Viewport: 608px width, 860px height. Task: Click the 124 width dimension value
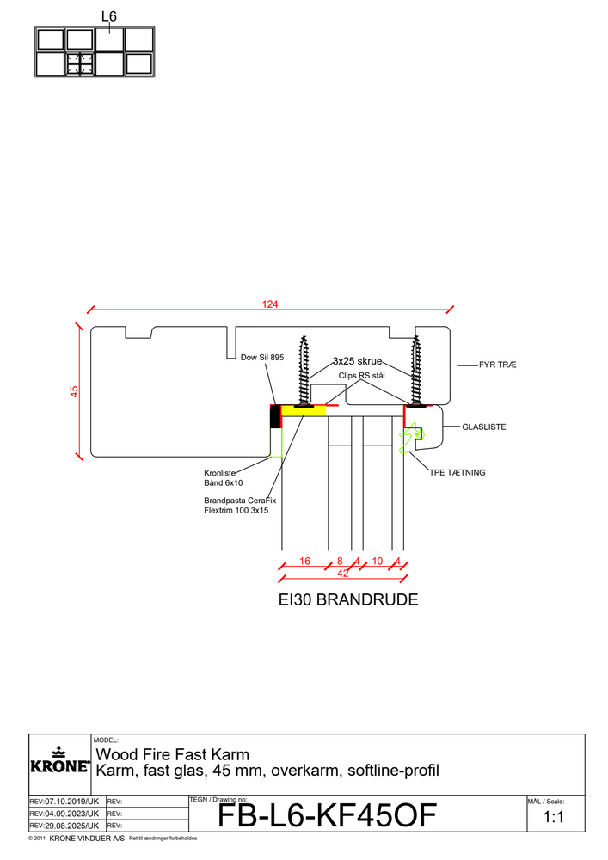click(272, 304)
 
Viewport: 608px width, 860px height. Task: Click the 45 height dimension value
click(74, 391)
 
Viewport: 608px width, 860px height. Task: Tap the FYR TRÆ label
click(498, 365)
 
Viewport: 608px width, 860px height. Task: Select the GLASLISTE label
click(483, 426)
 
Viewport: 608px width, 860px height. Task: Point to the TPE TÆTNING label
click(458, 472)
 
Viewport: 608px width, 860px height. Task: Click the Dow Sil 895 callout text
click(262, 357)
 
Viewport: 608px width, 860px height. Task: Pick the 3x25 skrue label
click(357, 362)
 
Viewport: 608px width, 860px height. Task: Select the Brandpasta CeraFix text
click(239, 500)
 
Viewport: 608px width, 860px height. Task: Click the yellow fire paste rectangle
click(304, 411)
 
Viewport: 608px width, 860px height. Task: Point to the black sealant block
click(275, 416)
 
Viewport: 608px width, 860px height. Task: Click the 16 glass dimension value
click(304, 562)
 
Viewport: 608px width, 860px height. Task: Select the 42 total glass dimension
click(342, 573)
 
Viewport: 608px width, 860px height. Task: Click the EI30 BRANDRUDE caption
click(342, 600)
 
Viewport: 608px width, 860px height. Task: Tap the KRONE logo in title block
click(59, 761)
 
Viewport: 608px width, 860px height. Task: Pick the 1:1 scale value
click(554, 819)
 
